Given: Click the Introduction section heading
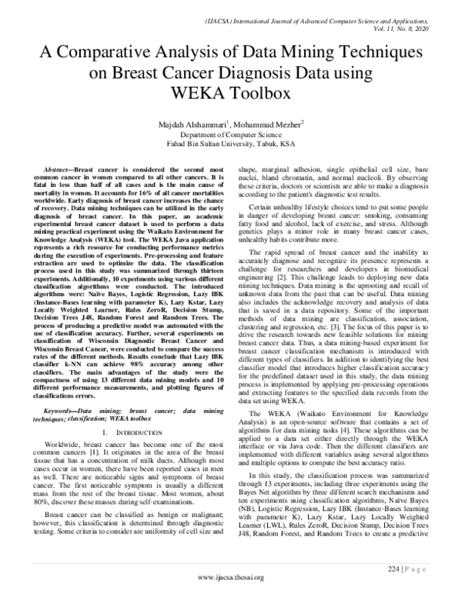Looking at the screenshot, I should coord(133,435).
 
